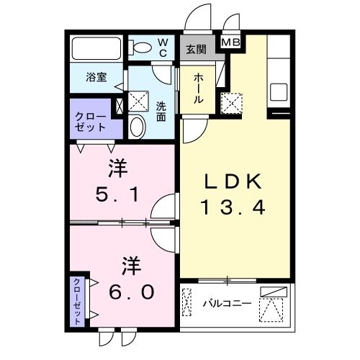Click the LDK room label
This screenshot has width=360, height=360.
click(x=233, y=182)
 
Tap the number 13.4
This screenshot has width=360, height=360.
click(x=233, y=208)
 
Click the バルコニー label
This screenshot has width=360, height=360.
click(x=226, y=303)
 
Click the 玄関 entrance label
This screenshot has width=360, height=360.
click(x=196, y=50)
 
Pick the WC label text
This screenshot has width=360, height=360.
click(x=163, y=48)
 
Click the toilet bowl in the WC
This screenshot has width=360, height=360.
click(x=143, y=48)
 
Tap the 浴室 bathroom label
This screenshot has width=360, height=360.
click(x=96, y=77)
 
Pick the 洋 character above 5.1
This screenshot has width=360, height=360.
click(x=117, y=168)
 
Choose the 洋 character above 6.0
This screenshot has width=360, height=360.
click(x=129, y=264)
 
